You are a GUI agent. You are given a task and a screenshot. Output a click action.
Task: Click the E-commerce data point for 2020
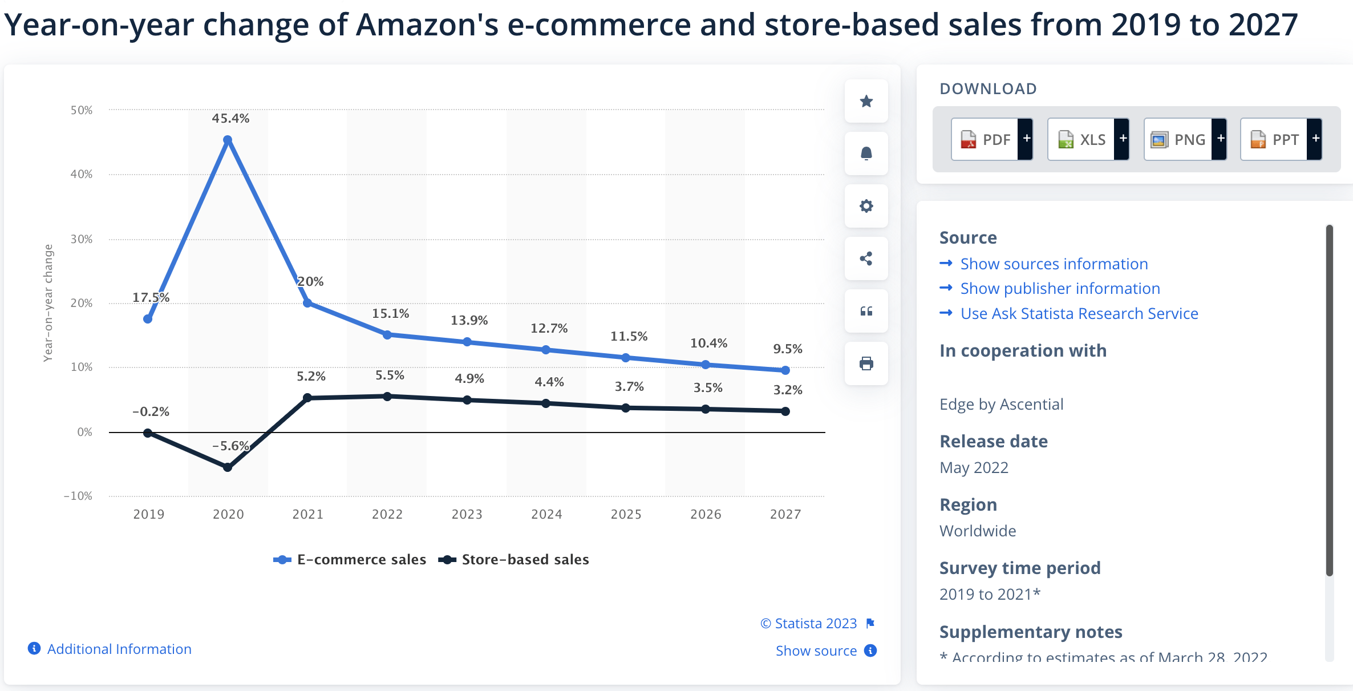(x=228, y=140)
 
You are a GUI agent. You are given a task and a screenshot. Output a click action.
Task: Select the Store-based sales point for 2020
(x=228, y=467)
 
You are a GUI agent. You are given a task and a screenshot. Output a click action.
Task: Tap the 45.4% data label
(x=230, y=118)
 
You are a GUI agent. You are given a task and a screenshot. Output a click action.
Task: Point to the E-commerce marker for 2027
(x=785, y=370)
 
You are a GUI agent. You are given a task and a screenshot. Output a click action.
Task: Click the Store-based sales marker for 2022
(x=387, y=396)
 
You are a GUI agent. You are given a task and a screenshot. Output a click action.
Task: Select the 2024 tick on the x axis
(x=546, y=514)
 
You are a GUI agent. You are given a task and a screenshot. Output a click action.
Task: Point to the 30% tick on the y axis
(x=82, y=239)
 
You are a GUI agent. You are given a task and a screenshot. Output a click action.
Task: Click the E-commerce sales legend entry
(x=350, y=560)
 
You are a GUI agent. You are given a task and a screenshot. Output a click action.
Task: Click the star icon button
(x=866, y=101)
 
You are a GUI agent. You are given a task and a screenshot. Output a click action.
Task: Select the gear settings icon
(x=866, y=206)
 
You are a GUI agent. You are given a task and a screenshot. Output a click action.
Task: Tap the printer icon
(x=866, y=363)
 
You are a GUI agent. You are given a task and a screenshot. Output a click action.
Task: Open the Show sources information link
(x=1054, y=264)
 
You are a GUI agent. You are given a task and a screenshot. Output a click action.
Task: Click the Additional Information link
(x=119, y=649)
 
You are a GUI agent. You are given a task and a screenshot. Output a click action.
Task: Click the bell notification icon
(x=866, y=153)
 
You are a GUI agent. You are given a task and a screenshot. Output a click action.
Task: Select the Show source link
(x=816, y=650)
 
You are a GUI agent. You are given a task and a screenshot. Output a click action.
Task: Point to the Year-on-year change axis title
(x=48, y=303)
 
